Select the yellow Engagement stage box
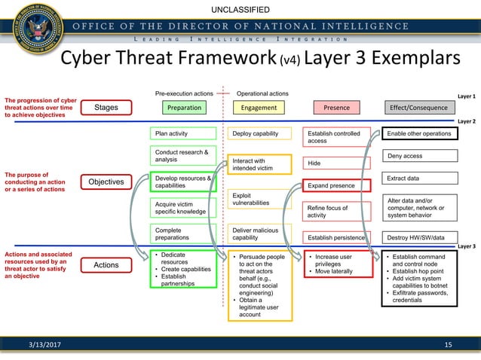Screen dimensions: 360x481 (x=259, y=108)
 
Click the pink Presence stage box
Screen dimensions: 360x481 (x=336, y=108)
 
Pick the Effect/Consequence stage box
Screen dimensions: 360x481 (x=418, y=108)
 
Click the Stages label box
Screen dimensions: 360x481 (x=106, y=108)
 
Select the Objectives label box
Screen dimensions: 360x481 (x=106, y=182)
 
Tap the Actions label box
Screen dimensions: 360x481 (x=106, y=265)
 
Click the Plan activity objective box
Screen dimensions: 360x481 (x=184, y=134)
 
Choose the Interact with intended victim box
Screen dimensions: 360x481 (x=260, y=164)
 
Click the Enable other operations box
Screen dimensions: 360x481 (x=419, y=134)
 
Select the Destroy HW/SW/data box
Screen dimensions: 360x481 (x=419, y=237)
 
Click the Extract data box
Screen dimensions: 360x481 (x=419, y=178)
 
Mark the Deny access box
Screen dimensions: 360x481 (x=419, y=156)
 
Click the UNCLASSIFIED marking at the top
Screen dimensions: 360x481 (x=240, y=10)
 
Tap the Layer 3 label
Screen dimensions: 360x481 (x=467, y=246)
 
